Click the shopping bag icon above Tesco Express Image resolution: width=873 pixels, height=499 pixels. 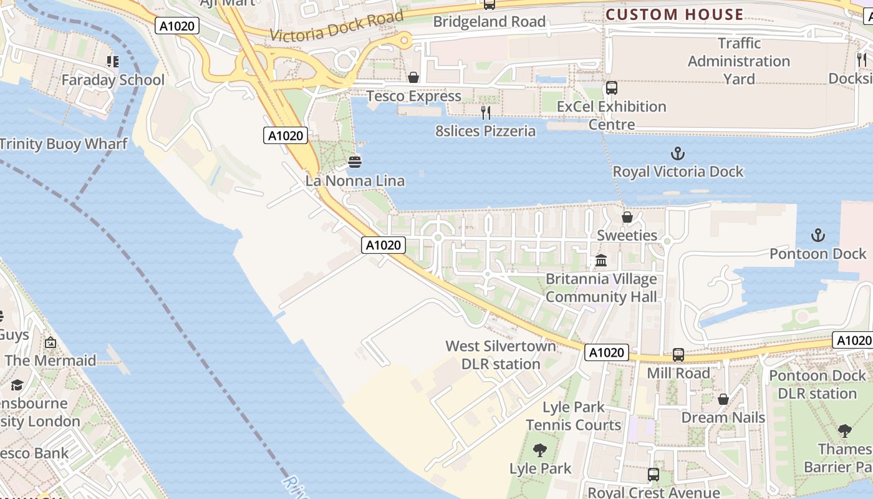coord(413,77)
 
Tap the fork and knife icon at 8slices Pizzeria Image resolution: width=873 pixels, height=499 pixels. coord(486,113)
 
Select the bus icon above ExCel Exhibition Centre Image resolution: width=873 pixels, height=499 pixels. coord(611,88)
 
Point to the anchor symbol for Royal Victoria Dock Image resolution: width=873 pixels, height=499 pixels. coord(677,153)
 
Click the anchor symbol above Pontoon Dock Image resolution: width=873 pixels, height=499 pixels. coord(818,236)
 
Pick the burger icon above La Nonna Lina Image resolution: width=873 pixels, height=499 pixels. coord(355,162)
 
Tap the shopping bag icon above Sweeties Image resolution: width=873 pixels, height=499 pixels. coord(627,217)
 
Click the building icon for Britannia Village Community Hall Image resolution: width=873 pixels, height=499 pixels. coord(601,260)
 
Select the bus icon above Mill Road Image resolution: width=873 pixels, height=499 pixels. coord(678,355)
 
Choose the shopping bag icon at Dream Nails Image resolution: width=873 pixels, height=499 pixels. coord(723,399)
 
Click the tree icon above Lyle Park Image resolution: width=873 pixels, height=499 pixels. coord(540,450)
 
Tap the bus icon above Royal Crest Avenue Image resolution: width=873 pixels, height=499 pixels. coord(653,475)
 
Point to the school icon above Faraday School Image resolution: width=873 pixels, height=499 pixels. coord(113,61)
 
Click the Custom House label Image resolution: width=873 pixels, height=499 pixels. coord(675,14)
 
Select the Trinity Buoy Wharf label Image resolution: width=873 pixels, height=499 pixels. coord(63,144)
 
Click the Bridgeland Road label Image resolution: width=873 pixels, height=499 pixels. coord(489,22)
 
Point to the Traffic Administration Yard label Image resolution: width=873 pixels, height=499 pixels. coord(739,61)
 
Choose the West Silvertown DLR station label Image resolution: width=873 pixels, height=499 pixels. coord(501,355)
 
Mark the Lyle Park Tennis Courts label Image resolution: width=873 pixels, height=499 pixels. coord(574,416)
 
